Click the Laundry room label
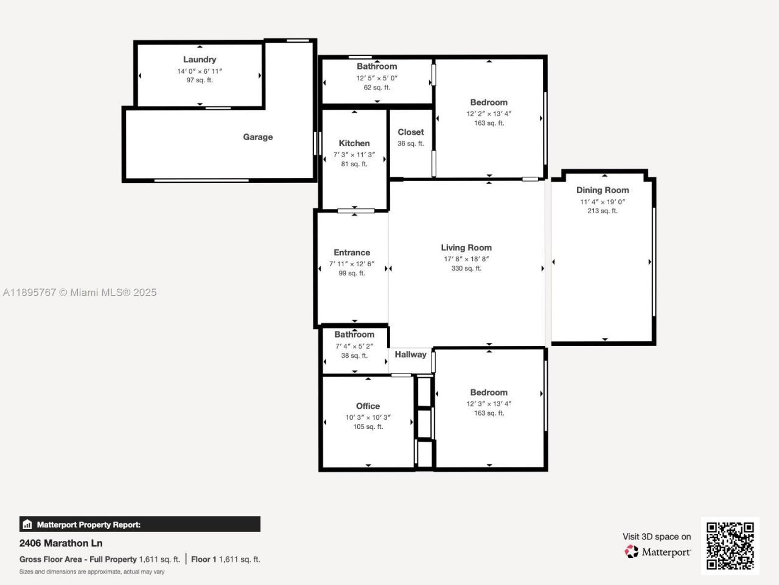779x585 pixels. coord(200,59)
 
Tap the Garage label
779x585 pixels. coord(257,137)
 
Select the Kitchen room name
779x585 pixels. coord(354,143)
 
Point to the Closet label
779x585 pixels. coord(411,132)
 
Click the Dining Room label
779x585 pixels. coord(603,190)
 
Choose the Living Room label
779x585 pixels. coord(466,247)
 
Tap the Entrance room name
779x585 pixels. coord(352,252)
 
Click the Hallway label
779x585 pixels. coord(410,355)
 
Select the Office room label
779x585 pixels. coord(368,406)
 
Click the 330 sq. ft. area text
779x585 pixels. coord(466,269)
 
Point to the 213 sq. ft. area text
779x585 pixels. coord(603,211)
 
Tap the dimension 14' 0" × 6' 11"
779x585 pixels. coord(200,71)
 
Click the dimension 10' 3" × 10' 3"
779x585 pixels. coord(368,417)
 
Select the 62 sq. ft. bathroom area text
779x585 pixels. coord(377,88)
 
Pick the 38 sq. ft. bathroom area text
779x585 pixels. coord(354,356)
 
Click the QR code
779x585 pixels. coord(730,545)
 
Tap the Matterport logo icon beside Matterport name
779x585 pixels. coord(631,552)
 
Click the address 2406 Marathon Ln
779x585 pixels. coord(61,543)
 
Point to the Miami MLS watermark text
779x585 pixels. coord(80,292)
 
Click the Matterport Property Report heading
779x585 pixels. coord(88,525)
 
